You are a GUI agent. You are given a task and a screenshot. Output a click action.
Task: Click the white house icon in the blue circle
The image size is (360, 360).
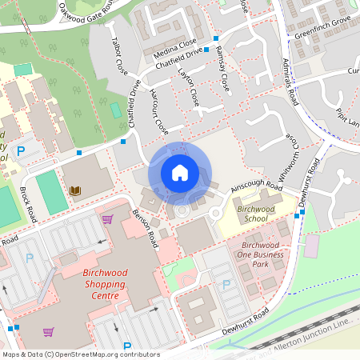click(180, 173)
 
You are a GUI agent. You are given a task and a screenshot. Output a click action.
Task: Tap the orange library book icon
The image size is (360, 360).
click(75, 190)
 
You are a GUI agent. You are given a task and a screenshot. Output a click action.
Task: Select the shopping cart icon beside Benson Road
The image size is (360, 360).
click(107, 218)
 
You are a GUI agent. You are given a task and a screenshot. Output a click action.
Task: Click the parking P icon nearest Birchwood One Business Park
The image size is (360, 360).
click(226, 284)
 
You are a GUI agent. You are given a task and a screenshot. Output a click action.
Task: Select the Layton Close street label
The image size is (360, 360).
click(190, 89)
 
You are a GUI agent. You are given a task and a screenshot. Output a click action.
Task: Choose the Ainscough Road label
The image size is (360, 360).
click(256, 186)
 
